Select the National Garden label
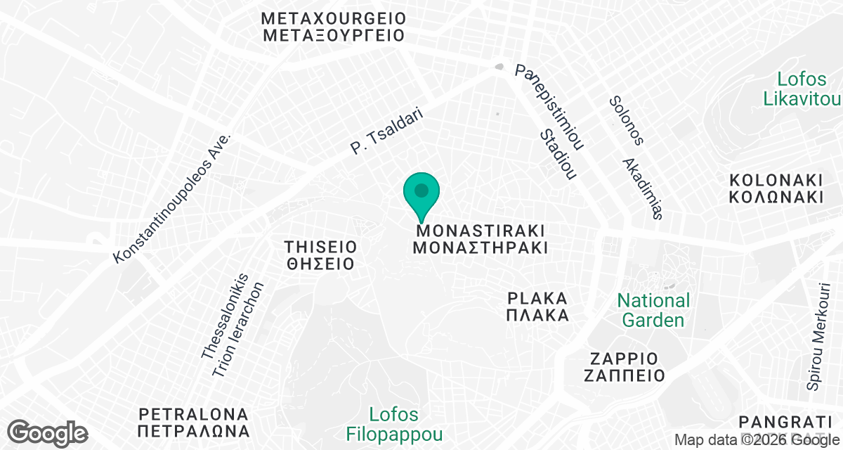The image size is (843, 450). click(x=653, y=311)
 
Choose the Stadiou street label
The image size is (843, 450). click(x=558, y=154)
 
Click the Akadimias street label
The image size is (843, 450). click(x=643, y=188)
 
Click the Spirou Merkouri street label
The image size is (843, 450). click(x=819, y=337)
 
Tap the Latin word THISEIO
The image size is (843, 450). click(x=320, y=247)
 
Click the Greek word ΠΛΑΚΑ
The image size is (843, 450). click(x=537, y=315)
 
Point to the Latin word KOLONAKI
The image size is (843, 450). click(x=776, y=179)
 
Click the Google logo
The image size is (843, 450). click(x=47, y=432)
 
